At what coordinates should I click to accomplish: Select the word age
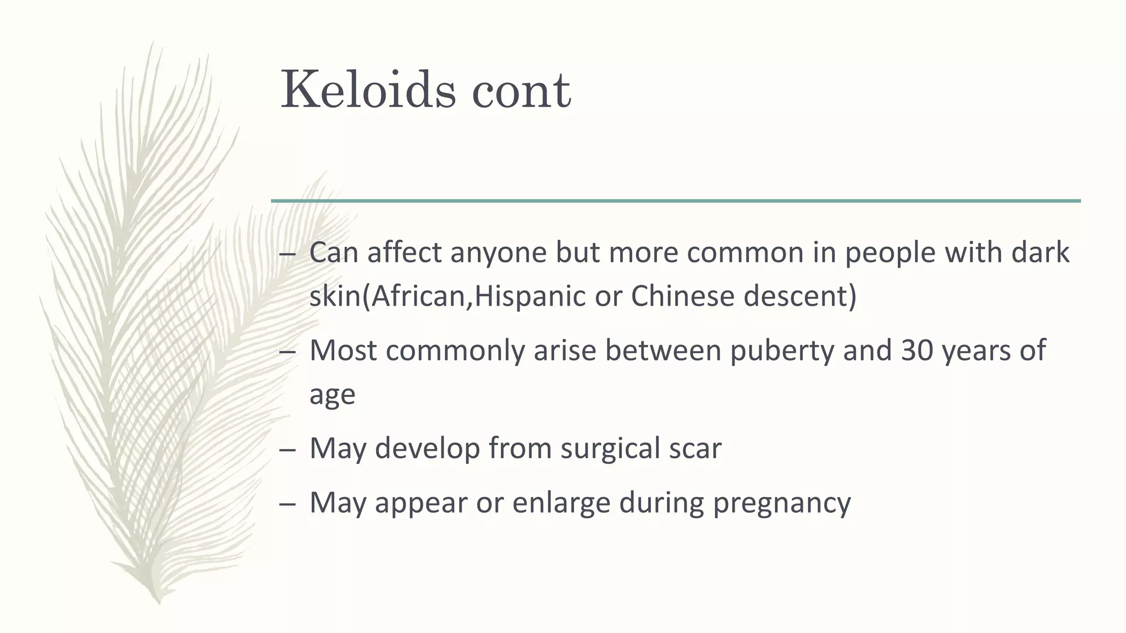[332, 395]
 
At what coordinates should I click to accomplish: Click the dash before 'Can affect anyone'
[288, 254]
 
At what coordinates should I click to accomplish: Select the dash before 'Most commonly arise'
[288, 352]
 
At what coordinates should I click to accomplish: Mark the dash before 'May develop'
[288, 450]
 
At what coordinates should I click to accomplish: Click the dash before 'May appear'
[288, 504]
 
